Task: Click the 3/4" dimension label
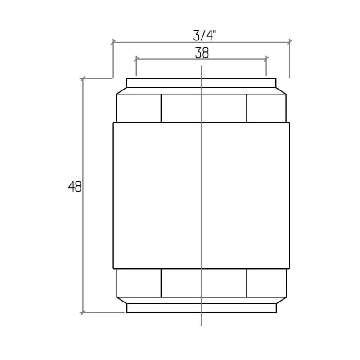205,36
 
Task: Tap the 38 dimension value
202,53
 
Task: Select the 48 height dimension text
75,187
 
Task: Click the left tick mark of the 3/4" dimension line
113,42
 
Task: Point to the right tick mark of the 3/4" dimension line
290,42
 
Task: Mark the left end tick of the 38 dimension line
136,59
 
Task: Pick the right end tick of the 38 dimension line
266,59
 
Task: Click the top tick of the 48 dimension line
83,78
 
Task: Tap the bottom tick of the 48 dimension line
83,312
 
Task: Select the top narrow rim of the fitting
201,83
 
